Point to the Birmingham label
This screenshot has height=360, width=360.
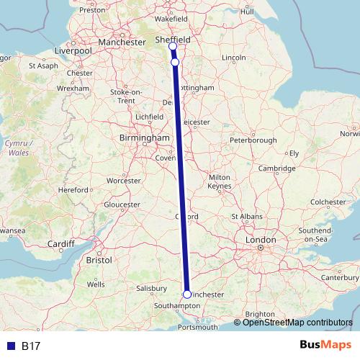145,138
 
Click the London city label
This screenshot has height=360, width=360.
261,240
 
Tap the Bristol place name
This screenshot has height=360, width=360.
98,259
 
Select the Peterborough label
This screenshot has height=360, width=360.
253,139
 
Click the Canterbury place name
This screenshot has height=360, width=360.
338,276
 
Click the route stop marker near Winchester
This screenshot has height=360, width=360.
187,294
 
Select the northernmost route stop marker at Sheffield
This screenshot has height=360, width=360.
172,47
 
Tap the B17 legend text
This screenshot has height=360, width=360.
30,346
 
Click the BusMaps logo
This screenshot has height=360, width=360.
325,346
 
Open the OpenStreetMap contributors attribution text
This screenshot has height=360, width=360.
297,323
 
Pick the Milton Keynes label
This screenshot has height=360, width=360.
218,181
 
